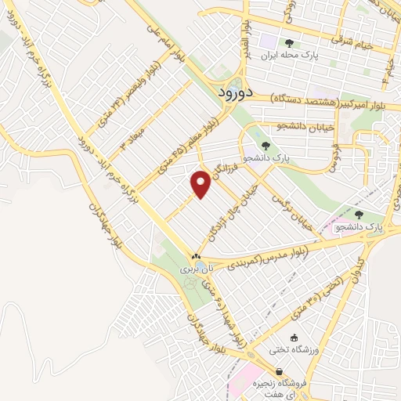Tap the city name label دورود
(233, 91)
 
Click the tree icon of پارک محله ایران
(290, 44)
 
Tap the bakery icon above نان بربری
(196, 256)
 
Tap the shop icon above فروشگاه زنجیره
(259, 371)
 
